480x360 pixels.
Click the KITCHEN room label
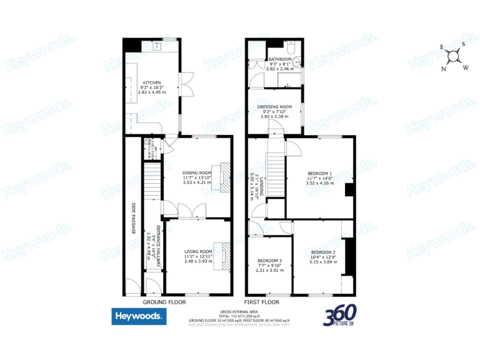[x=152, y=82]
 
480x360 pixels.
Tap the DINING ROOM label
[x=197, y=172]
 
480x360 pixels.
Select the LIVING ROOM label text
[x=197, y=252]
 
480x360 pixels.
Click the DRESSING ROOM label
[x=275, y=107]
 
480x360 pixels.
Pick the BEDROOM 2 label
[x=323, y=252]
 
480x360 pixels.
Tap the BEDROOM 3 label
[x=269, y=261]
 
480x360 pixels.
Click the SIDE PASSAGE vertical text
[x=134, y=219]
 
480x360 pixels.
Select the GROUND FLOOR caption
[x=164, y=302]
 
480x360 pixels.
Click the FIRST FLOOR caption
[x=262, y=302]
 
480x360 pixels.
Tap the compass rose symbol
[x=454, y=56]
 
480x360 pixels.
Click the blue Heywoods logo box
[x=139, y=317]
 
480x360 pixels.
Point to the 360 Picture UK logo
[x=341, y=316]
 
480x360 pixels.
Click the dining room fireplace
[x=224, y=176]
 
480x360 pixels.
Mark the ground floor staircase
[x=149, y=179]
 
